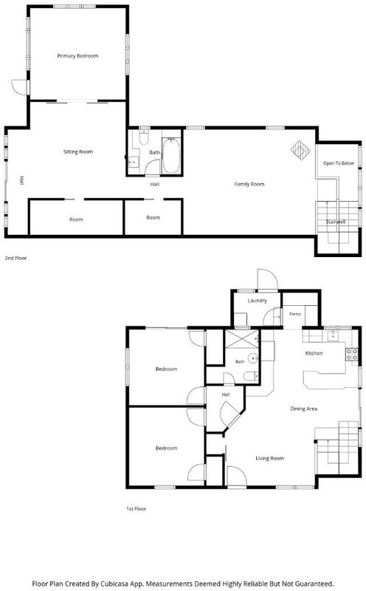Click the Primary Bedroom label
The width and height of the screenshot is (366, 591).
(77, 56)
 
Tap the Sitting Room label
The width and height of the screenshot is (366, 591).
(78, 151)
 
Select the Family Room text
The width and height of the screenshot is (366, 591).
(249, 184)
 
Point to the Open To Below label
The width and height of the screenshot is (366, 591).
(339, 163)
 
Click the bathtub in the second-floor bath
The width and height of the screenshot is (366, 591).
(171, 155)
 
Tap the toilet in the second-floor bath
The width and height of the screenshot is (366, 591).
(144, 137)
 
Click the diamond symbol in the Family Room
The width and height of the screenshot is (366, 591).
(300, 150)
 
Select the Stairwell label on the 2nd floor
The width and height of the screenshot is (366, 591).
(336, 222)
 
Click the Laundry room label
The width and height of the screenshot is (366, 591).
(258, 301)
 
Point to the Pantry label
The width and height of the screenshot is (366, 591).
(295, 314)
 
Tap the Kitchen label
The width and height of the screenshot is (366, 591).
(314, 353)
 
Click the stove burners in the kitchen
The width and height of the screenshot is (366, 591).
(352, 355)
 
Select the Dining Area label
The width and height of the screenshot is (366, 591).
(303, 409)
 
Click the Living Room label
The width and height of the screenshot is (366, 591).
(269, 458)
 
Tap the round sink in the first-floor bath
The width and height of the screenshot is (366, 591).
(253, 358)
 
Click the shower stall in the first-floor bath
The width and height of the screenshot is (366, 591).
(241, 339)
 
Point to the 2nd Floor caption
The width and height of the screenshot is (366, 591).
(15, 258)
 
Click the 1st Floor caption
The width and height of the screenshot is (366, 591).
(136, 508)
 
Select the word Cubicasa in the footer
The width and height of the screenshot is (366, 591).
(114, 584)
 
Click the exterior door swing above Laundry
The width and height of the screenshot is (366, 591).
(268, 279)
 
